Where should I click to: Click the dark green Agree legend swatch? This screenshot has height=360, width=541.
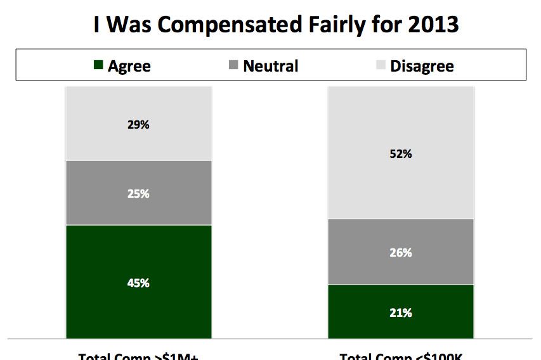tap(98, 65)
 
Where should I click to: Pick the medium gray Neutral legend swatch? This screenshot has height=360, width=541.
tap(233, 65)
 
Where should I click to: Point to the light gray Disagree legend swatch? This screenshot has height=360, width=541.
tap(381, 65)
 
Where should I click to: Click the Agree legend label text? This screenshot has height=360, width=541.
tap(129, 66)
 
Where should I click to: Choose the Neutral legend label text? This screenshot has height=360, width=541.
tap(271, 65)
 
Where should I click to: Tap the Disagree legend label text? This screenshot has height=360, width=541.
tap(422, 66)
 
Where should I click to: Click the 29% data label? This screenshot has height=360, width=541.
tap(138, 125)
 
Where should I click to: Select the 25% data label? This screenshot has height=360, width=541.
tap(138, 194)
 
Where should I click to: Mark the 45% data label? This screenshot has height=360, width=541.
tap(138, 283)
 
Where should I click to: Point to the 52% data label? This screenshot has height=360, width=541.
tap(401, 154)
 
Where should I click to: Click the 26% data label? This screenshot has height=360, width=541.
tap(401, 253)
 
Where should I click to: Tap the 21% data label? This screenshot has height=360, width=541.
tap(401, 312)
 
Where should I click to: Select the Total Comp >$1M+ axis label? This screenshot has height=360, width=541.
tap(138, 356)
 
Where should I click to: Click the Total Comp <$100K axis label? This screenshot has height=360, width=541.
tap(401, 356)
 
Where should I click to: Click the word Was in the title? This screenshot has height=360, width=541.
tap(132, 25)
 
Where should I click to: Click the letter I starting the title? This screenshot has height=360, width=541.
tap(96, 25)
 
